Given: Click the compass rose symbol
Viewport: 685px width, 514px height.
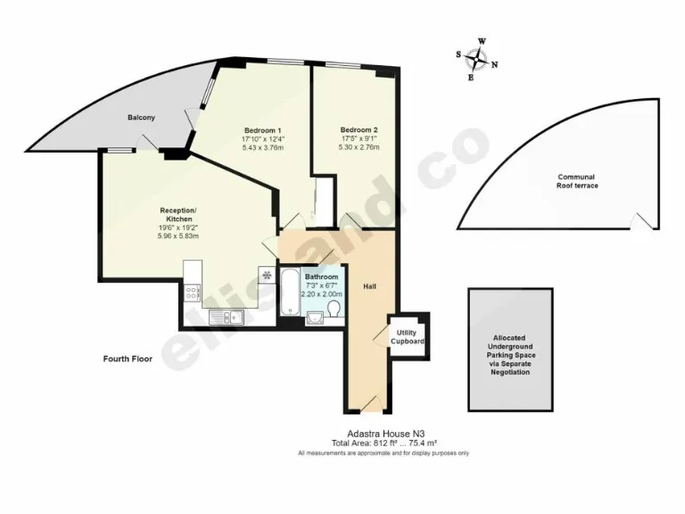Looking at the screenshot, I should coord(477,58).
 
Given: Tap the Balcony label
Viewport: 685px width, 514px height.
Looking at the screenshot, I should coord(141,118).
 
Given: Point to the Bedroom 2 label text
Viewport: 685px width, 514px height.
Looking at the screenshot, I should coord(359,129).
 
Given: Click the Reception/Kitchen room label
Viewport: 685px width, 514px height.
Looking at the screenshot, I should coord(178,214).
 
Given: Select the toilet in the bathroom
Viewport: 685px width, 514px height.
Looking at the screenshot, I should coord(332,309).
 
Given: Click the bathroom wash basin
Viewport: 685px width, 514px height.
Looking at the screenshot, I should coord(311,318).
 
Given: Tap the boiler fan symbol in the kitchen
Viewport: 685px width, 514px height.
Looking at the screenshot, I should coord(266,274).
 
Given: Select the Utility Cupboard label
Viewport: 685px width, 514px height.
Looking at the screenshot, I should coord(407,336).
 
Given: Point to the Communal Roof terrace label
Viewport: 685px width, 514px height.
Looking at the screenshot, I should coord(578,181).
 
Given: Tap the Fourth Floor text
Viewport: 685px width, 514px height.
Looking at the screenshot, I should coord(127,360).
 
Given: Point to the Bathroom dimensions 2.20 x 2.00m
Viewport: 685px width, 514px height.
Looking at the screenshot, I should coord(321,294).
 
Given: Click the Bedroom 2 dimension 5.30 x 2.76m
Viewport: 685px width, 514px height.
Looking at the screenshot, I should coord(359,147).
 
